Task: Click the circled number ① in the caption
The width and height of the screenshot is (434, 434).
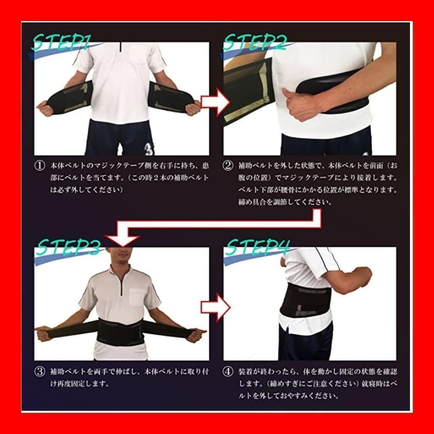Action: point(39,166)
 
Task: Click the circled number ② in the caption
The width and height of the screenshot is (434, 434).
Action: point(228,166)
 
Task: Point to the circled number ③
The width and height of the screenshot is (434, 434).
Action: point(39,372)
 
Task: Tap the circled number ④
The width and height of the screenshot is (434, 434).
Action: point(228,372)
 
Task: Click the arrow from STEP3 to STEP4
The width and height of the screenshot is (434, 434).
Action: point(215,307)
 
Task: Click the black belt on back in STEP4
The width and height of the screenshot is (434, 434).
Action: point(306,302)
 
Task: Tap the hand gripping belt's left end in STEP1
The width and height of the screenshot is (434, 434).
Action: point(45,108)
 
